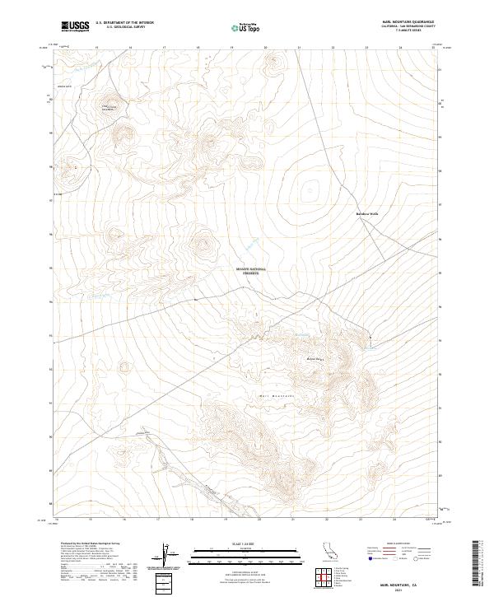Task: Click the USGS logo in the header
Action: [76, 27]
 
